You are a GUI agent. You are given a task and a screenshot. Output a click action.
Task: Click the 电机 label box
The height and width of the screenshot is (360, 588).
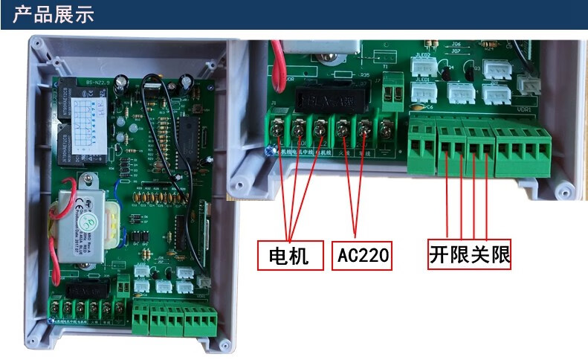click(x=291, y=255)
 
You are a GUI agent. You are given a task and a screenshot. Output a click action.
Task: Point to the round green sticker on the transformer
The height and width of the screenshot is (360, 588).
click(x=88, y=222)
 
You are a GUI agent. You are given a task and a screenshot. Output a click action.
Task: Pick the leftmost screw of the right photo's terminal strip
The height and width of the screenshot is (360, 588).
click(x=277, y=131)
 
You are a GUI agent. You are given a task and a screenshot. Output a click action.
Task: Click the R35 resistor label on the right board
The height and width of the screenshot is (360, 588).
click(x=364, y=75)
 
